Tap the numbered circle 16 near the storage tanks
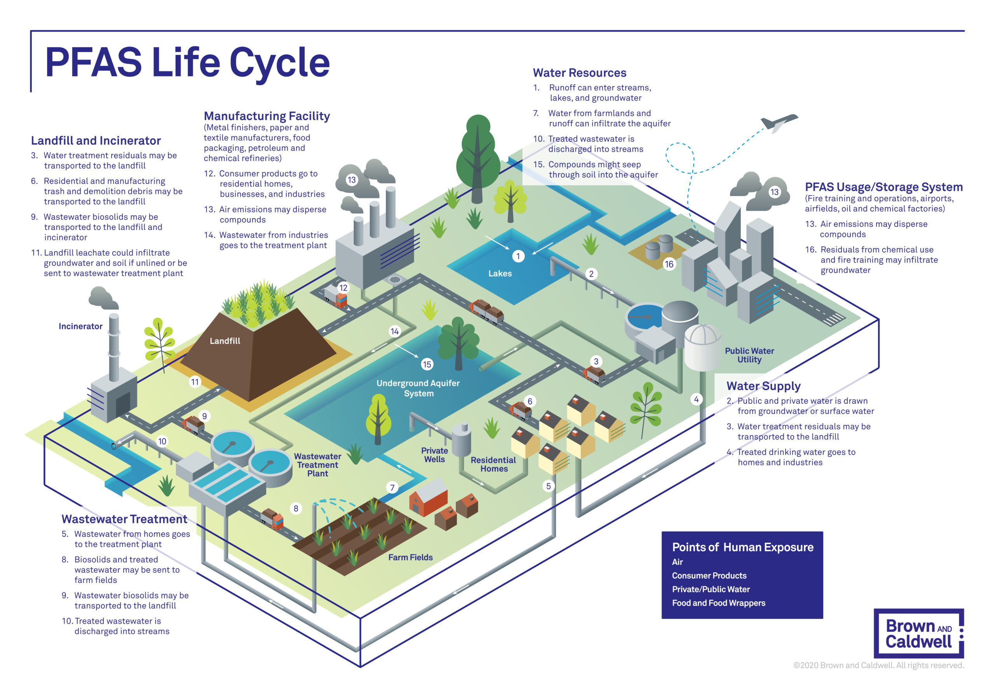pos(669,264)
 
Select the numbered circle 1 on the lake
pos(518,256)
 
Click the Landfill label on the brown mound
pos(225,341)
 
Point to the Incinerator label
pos(80,326)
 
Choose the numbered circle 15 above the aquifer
pos(427,364)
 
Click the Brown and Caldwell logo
pos(918,633)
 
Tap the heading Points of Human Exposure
pos(742,547)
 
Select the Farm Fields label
pos(410,557)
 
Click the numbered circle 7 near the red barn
pos(392,488)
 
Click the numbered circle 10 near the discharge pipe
pos(162,441)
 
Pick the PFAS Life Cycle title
pos(187,63)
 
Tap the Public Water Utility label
pos(749,355)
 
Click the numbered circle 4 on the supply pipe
pos(696,399)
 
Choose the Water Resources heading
pos(580,73)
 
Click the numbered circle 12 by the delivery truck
pos(343,288)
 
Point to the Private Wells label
pos(434,455)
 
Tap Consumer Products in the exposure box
pos(709,575)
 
